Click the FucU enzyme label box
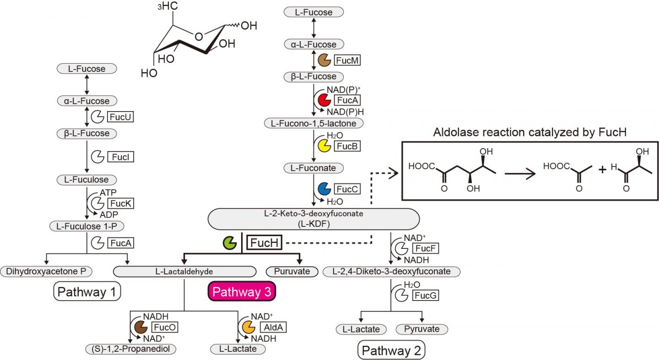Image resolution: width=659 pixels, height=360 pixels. (x=121, y=117)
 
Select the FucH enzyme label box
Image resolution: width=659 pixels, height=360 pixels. (x=265, y=243)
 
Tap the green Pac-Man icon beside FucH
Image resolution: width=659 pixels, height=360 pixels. (x=229, y=243)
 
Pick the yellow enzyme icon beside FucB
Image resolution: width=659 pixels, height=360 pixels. (x=324, y=146)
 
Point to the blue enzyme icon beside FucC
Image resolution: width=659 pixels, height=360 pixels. (x=324, y=189)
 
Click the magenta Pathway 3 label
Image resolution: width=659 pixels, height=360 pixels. (x=241, y=292)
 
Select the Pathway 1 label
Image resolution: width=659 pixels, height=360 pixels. (x=87, y=291)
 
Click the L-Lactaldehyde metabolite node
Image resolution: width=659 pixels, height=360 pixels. (x=184, y=271)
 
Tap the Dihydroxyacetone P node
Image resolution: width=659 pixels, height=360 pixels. (x=46, y=271)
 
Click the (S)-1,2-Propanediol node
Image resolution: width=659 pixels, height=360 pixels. (x=131, y=349)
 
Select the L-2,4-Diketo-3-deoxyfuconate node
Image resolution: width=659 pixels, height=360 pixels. (x=391, y=271)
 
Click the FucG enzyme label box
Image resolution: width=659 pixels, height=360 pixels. (x=426, y=296)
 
